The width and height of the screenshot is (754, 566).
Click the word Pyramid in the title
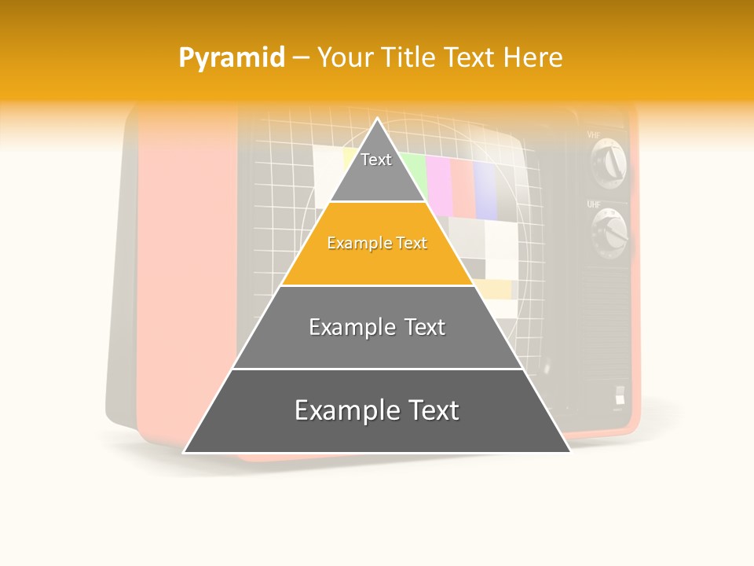(x=231, y=58)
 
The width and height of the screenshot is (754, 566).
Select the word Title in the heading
(x=412, y=57)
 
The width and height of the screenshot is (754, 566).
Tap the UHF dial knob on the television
(x=611, y=232)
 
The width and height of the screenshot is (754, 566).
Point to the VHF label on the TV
(x=594, y=135)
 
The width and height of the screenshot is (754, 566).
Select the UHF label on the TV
(x=594, y=204)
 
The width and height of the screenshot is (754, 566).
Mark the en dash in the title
(x=301, y=58)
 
